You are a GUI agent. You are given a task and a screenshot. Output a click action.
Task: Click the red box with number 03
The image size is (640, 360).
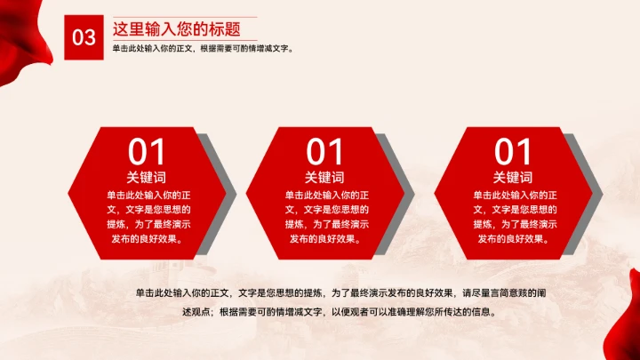click(84, 36)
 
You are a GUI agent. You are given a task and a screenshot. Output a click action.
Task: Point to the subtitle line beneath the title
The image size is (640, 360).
click(203, 48)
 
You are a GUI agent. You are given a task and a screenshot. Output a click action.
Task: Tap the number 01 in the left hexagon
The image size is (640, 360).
click(147, 151)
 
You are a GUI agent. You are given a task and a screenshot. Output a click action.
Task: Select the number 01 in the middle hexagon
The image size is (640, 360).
click(324, 151)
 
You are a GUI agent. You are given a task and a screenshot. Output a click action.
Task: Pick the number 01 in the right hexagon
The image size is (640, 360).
click(513, 151)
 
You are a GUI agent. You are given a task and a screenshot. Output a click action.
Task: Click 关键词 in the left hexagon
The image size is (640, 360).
click(147, 177)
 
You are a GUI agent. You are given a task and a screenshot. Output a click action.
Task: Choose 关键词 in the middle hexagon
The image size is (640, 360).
click(324, 177)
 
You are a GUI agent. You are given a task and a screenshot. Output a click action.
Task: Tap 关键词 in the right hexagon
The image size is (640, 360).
click(513, 177)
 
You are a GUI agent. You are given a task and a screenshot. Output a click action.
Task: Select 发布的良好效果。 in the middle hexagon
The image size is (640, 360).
click(324, 238)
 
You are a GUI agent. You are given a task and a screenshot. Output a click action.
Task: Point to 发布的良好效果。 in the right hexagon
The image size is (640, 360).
click(513, 238)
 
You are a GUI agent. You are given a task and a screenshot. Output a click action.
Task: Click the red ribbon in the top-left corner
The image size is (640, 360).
click(22, 22)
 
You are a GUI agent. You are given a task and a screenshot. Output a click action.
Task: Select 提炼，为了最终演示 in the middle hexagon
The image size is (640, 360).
click(324, 224)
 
